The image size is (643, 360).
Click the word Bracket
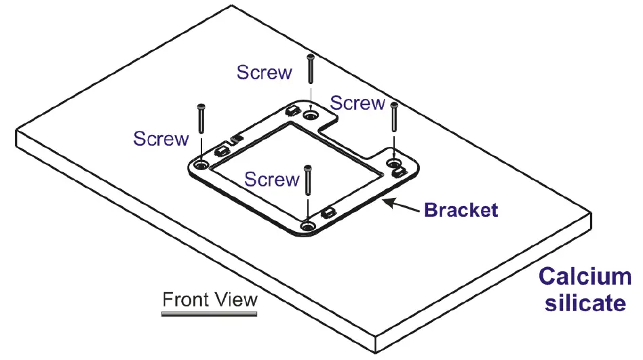[461, 209]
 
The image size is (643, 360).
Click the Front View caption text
[210, 299]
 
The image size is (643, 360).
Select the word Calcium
[585, 277]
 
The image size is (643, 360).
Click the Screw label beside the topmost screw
[265, 72]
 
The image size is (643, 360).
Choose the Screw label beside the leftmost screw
[161, 139]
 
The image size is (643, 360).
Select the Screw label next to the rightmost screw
[357, 103]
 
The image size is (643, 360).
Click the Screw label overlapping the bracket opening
[271, 180]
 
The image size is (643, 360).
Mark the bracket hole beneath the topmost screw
[311, 117]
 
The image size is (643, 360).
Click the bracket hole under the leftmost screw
[201, 165]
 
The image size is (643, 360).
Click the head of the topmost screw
[310, 57]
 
